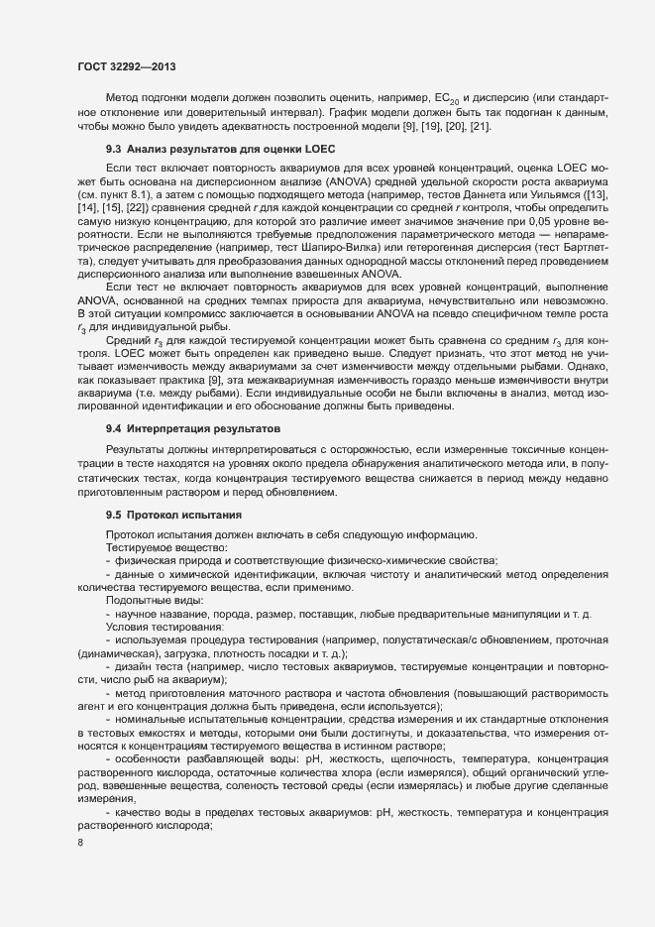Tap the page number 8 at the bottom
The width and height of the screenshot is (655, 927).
79,844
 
